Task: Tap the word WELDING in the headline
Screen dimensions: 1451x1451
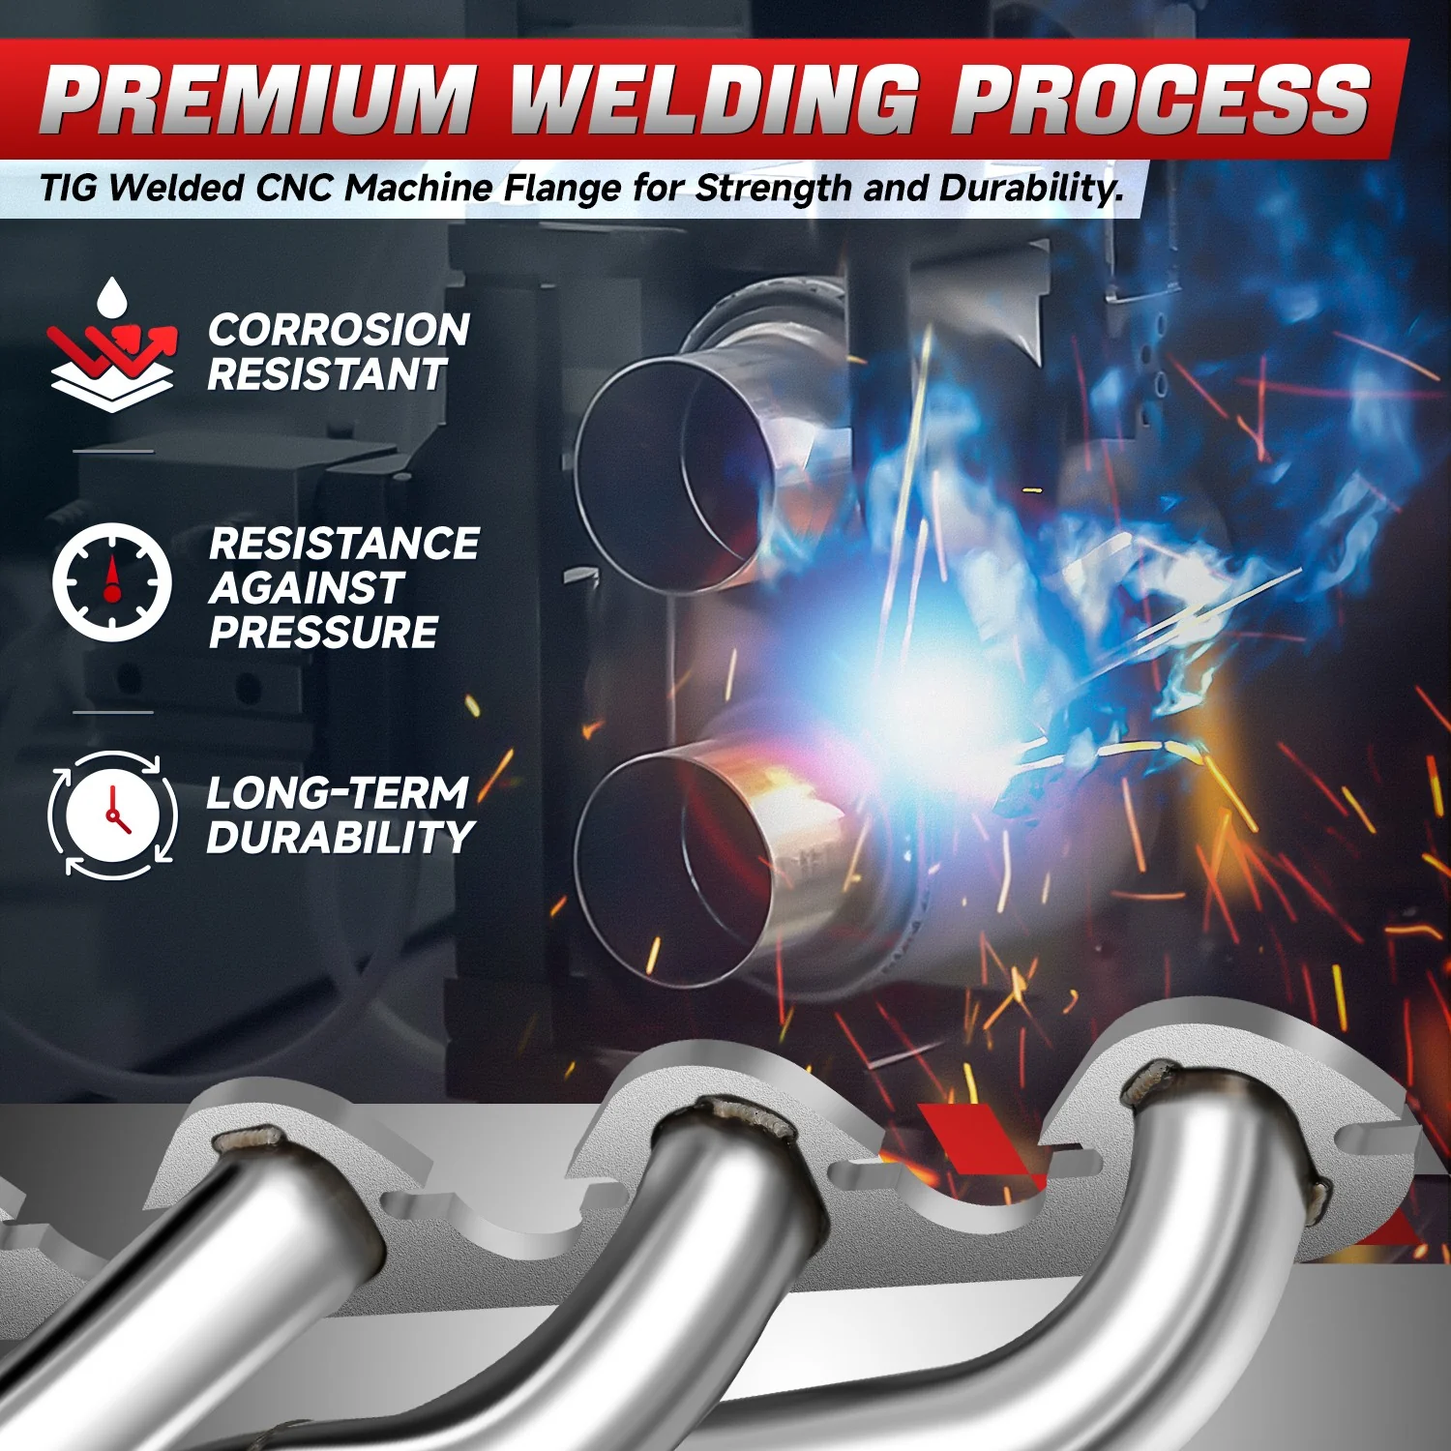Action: click(715, 100)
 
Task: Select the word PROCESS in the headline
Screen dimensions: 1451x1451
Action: click(1161, 100)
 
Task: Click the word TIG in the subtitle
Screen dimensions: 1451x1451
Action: click(69, 188)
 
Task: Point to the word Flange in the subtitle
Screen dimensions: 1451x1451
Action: click(563, 189)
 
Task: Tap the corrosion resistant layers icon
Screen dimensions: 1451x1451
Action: click(112, 345)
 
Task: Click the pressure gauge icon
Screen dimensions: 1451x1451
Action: click(111, 582)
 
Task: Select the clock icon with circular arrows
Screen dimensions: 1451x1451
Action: click(112, 814)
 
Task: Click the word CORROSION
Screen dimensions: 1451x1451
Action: click(339, 330)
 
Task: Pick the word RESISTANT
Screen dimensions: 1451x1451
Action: click(327, 374)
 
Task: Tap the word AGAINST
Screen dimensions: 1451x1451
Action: click(306, 588)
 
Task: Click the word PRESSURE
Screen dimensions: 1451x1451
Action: click(323, 633)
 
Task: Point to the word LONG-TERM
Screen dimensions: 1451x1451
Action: click(338, 793)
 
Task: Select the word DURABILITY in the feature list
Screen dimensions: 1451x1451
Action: click(340, 838)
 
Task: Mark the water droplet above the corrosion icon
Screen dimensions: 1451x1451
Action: click(112, 297)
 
